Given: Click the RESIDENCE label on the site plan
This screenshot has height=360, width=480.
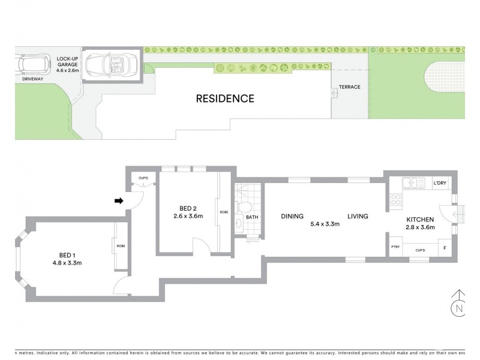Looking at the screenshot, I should (225, 98).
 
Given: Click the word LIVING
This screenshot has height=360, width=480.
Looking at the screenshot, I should (357, 217).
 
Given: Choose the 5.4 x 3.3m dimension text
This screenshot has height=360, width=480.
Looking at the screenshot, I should (325, 224).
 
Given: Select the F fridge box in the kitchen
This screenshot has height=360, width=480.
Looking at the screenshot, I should (444, 247).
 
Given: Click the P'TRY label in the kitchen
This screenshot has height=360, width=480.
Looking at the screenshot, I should (395, 247).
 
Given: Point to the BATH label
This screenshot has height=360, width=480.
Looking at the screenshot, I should (252, 217).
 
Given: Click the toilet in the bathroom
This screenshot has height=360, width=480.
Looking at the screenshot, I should (242, 208).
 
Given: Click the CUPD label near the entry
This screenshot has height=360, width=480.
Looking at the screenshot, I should (143, 178).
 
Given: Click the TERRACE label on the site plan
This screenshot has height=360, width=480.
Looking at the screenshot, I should (349, 87).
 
